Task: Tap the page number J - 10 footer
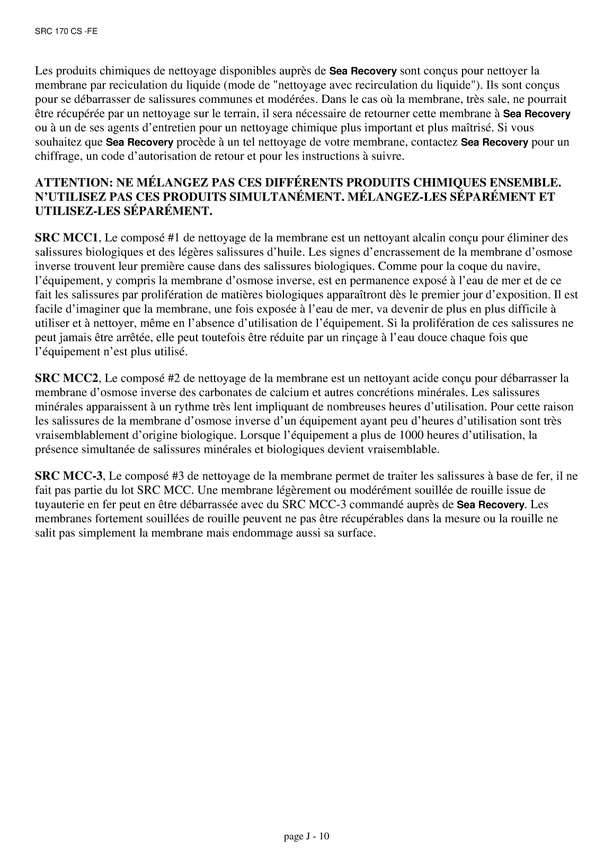pyautogui.click(x=307, y=837)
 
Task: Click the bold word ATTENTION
pyautogui.click(x=70, y=183)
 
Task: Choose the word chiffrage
pyautogui.click(x=56, y=156)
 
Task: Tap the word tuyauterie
pyautogui.click(x=60, y=504)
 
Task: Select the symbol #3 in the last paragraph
pyautogui.click(x=177, y=476)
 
